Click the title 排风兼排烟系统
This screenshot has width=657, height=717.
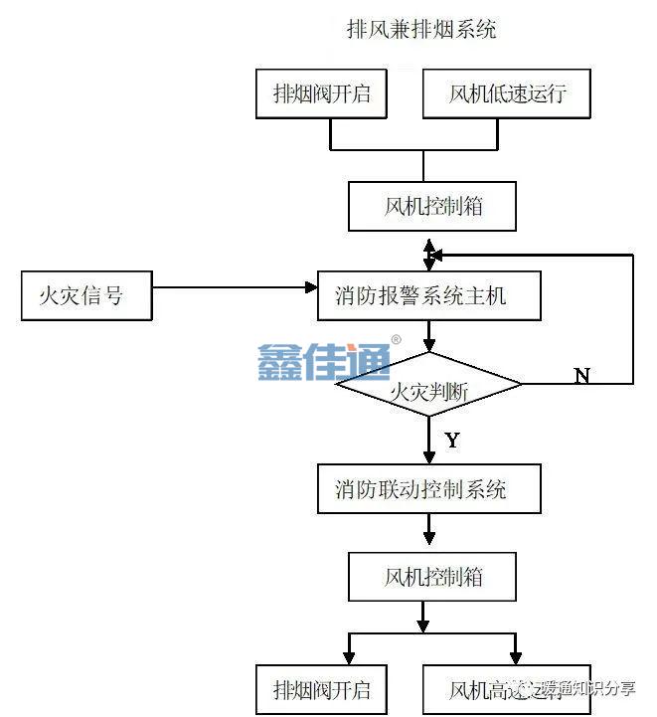pyautogui.click(x=420, y=30)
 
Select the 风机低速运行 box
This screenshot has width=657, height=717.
pyautogui.click(x=507, y=94)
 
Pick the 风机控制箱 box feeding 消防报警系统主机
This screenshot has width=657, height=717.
pyautogui.click(x=433, y=207)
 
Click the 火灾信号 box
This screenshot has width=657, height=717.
pyautogui.click(x=86, y=295)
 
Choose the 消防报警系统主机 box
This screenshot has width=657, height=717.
pyautogui.click(x=429, y=295)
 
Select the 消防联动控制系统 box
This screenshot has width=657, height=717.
pyautogui.click(x=428, y=488)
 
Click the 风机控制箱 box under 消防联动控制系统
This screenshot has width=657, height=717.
pyautogui.click(x=433, y=577)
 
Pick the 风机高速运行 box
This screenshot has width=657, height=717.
pyautogui.click(x=507, y=688)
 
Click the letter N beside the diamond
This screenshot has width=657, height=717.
pyautogui.click(x=582, y=375)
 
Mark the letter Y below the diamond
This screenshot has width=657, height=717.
pyautogui.click(x=452, y=439)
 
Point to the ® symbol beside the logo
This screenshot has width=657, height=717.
pyautogui.click(x=397, y=340)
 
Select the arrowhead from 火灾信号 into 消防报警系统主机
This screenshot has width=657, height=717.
pyautogui.click(x=311, y=288)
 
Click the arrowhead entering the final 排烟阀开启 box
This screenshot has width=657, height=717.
pyautogui.click(x=348, y=657)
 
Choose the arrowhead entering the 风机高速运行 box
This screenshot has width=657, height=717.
pyautogui.click(x=515, y=657)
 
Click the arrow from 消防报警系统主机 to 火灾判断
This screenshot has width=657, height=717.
pyautogui.click(x=428, y=340)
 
